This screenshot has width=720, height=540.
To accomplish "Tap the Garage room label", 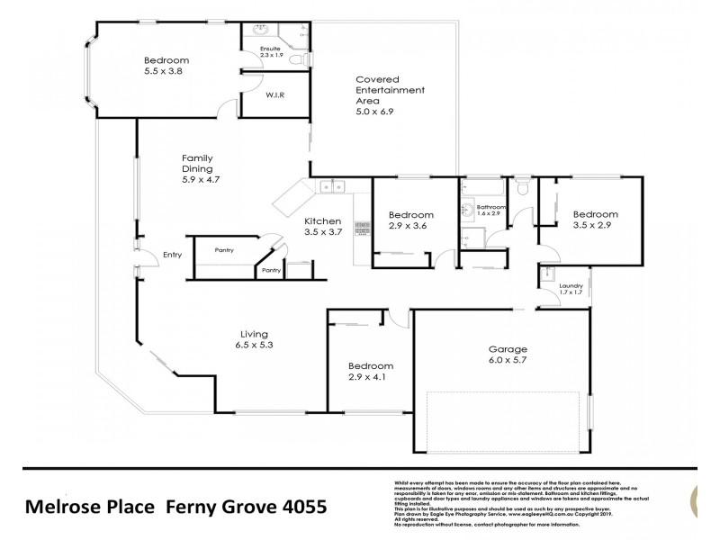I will pos(507,349).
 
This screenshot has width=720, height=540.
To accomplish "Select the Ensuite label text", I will pos(271,49).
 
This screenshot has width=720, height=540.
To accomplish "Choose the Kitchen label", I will pos(322,221).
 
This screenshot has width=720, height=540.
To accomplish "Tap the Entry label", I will pos(173,256).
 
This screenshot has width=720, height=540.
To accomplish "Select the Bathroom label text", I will pos(491,208).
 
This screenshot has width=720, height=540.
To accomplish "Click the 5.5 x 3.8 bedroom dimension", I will pos(166,75).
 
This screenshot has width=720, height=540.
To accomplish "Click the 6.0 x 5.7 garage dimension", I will pos(507,362).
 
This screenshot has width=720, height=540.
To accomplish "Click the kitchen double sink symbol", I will pos(333,188).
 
